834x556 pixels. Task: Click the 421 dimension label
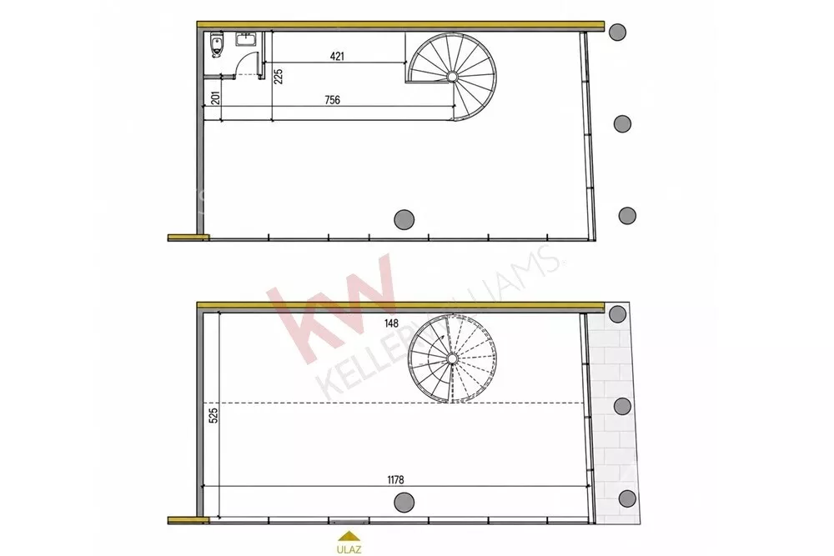(x=337, y=56)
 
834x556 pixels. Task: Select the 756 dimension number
(x=333, y=100)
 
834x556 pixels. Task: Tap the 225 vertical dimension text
(x=278, y=76)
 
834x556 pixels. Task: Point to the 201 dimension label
(x=215, y=98)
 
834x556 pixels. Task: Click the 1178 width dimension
(x=395, y=480)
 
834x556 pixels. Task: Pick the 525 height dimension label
(x=214, y=415)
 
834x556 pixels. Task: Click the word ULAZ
(x=349, y=549)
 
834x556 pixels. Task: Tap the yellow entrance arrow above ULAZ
(x=349, y=536)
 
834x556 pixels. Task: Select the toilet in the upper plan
(x=216, y=44)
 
